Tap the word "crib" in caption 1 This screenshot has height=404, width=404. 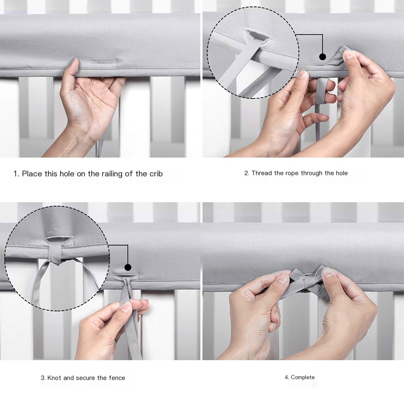click(x=155, y=174)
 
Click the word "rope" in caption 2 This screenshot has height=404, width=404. click(x=292, y=173)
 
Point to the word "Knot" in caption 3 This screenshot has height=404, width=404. click(x=55, y=378)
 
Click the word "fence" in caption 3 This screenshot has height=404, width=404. click(x=116, y=378)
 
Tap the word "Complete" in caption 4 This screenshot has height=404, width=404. click(x=303, y=377)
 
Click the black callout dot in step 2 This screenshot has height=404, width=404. click(x=322, y=57)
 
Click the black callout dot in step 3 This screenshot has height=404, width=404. click(x=128, y=267)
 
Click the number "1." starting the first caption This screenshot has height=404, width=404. click(x=17, y=174)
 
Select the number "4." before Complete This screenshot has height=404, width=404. click(x=287, y=377)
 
